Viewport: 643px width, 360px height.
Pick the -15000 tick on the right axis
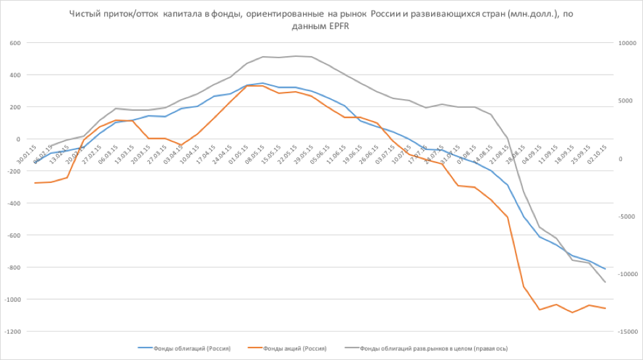pyautogui.click(x=624, y=332)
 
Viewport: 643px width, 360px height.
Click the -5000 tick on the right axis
pyautogui.click(x=623, y=217)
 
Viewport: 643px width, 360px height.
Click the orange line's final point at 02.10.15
pyautogui.click(x=605, y=308)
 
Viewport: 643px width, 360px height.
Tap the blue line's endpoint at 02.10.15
pyautogui.click(x=605, y=269)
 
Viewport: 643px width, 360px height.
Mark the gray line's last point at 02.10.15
pyautogui.click(x=605, y=283)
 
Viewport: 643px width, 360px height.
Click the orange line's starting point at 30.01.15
pyautogui.click(x=35, y=183)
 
